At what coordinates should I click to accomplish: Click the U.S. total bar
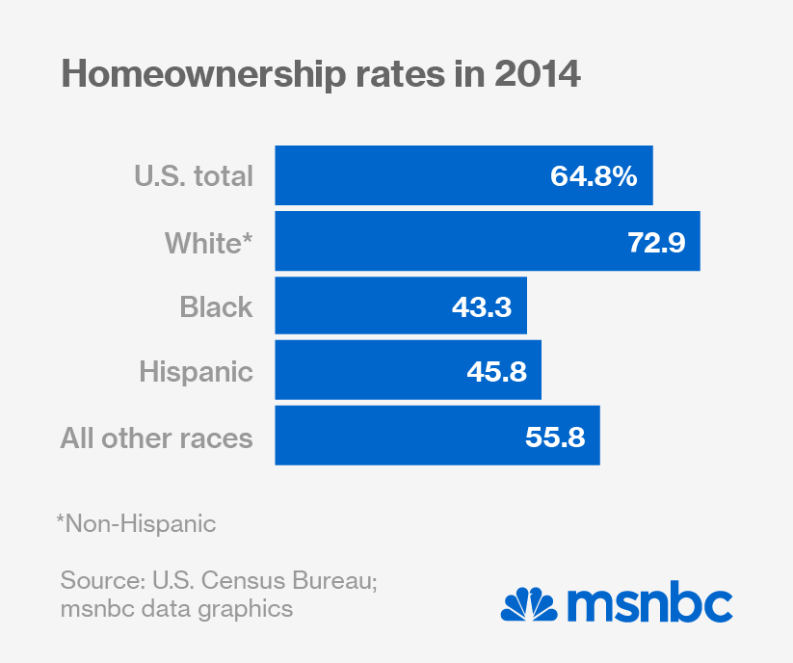coord(405,175)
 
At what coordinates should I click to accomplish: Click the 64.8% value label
coord(594,175)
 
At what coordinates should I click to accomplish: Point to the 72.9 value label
coord(656,241)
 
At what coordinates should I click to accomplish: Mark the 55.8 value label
coord(556,437)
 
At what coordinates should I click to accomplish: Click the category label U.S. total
coord(193,175)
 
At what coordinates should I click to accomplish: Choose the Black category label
coord(216,306)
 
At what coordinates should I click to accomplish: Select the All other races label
coord(156,437)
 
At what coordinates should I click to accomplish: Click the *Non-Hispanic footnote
coord(136,524)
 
